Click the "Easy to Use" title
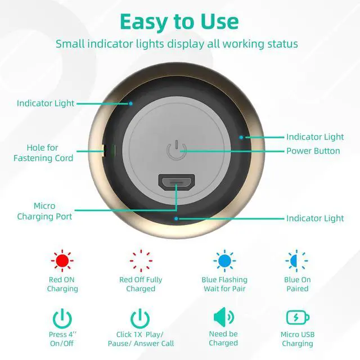[179, 22]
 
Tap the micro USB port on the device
[177, 182]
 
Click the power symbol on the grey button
[176, 150]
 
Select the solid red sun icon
[62, 260]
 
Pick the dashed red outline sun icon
[141, 260]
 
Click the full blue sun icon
[224, 260]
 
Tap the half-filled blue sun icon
[296, 260]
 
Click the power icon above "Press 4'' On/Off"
[62, 318]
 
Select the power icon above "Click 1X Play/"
[140, 318]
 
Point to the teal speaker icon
[224, 317]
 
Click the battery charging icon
[298, 317]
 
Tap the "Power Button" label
[313, 151]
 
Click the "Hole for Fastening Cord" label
[43, 152]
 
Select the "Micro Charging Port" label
[44, 211]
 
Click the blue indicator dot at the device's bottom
[176, 219]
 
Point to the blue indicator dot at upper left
[130, 103]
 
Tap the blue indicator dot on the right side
[241, 137]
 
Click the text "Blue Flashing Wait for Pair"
[224, 284]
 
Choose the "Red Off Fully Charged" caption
[141, 284]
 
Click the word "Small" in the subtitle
[70, 44]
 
